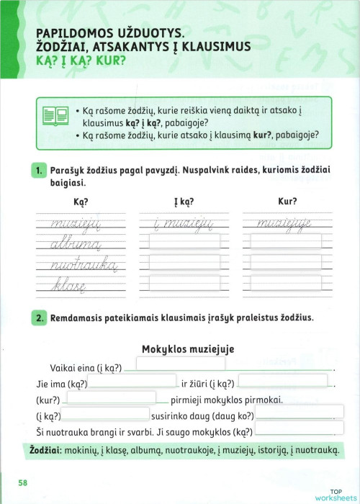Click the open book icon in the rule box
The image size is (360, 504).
(53, 117)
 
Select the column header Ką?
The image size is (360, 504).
(81, 202)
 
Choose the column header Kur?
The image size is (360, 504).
(287, 202)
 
